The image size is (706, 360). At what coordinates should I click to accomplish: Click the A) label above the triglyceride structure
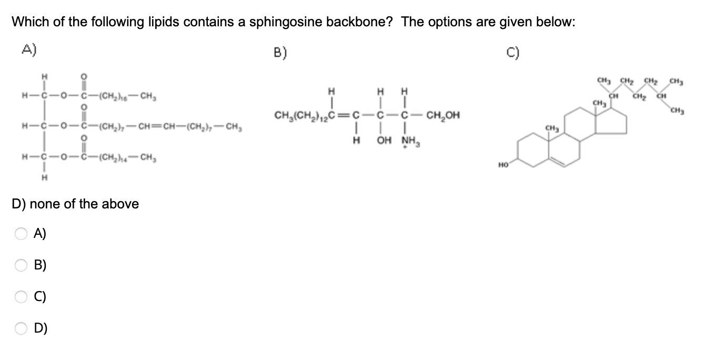pos(29,50)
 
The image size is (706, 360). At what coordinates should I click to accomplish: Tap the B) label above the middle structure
pos(281,52)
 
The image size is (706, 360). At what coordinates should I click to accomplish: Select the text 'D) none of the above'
pos(75,204)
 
